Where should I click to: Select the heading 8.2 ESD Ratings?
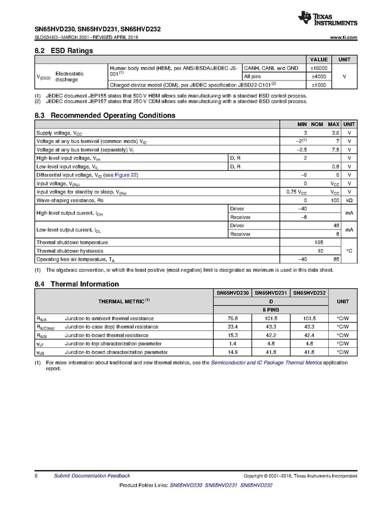(64, 51)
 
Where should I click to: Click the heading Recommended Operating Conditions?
(113, 115)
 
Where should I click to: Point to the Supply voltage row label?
(59, 132)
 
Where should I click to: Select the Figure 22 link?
(126, 175)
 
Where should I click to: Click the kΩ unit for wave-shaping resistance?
(349, 200)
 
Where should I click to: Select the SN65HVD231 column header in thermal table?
(271, 293)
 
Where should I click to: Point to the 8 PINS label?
(271, 310)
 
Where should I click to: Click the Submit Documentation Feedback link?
(91, 476)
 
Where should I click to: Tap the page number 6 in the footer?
(36, 476)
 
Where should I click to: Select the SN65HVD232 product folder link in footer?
(257, 485)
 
